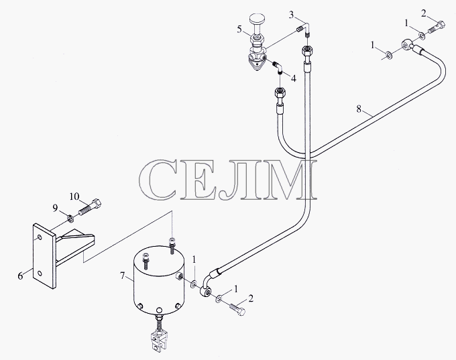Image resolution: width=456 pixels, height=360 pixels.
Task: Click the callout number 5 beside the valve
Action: [x=239, y=29]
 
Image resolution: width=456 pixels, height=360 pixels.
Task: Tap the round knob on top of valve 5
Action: [x=257, y=19]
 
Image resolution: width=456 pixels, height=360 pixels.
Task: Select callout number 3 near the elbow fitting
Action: [x=292, y=15]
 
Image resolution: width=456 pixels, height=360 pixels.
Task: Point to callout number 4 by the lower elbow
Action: [x=294, y=78]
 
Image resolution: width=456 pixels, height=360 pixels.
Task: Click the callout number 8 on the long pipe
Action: [x=359, y=109]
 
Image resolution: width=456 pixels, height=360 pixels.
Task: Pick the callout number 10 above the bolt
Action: [x=74, y=196]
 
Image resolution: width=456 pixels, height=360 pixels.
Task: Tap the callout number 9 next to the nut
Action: [x=55, y=208]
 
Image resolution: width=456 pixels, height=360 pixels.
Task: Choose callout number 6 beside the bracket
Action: [x=20, y=276]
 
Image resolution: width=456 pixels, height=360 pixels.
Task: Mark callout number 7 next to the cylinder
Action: [x=123, y=275]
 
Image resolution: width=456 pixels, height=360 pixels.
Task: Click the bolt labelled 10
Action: [x=90, y=209]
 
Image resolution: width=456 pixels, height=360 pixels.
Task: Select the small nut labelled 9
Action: [x=70, y=218]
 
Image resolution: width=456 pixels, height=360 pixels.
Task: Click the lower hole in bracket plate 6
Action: [x=40, y=274]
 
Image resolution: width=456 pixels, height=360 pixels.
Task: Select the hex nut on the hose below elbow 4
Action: [x=280, y=94]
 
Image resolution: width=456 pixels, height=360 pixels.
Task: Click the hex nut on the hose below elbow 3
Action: [x=307, y=52]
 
